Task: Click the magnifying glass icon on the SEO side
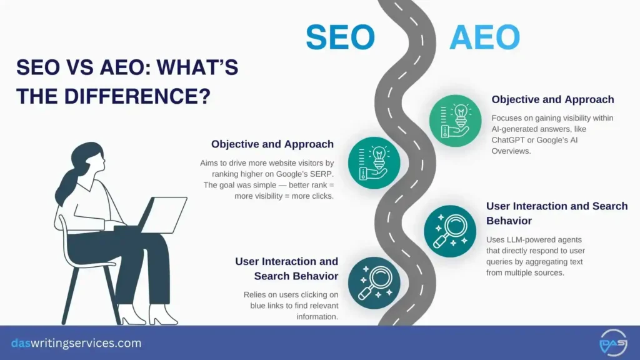pyautogui.click(x=374, y=282)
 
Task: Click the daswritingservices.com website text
pyautogui.click(x=76, y=343)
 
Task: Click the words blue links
pyautogui.click(x=257, y=306)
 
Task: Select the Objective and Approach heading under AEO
pyautogui.click(x=552, y=99)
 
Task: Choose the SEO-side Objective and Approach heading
pyautogui.click(x=272, y=144)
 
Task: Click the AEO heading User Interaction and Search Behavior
pyautogui.click(x=556, y=213)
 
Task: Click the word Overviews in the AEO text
pyautogui.click(x=513, y=151)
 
